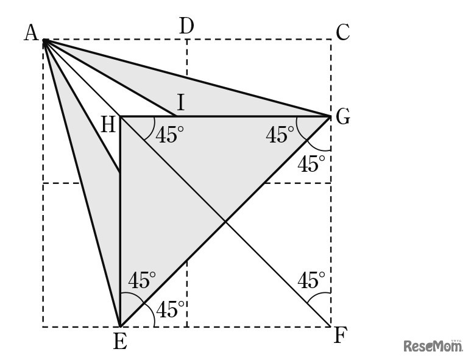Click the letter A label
[31, 32]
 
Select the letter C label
[342, 32]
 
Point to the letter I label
[180, 101]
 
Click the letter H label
[108, 125]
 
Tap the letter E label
[120, 342]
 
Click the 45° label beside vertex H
[169, 135]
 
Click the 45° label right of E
[171, 309]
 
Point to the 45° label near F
[311, 280]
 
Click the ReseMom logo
[433, 346]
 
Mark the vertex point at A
[44, 40]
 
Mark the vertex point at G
[330, 116]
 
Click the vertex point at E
[120, 326]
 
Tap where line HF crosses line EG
[225, 221]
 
